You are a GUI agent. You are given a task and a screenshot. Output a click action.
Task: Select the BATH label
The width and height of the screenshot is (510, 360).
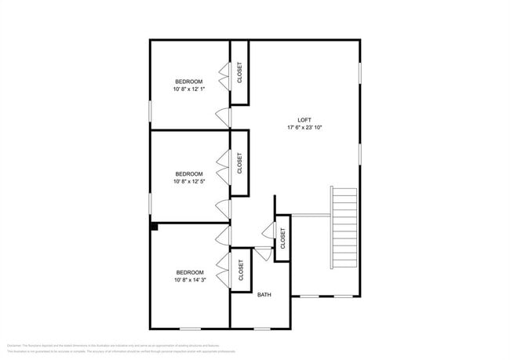click(x=264, y=295)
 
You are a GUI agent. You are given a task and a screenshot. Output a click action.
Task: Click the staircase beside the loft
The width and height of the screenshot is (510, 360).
click(x=344, y=227)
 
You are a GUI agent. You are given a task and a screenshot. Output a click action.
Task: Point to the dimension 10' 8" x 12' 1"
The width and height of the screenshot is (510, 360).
click(x=189, y=89)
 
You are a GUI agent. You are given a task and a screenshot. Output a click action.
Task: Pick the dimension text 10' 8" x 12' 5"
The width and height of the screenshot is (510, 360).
click(x=189, y=181)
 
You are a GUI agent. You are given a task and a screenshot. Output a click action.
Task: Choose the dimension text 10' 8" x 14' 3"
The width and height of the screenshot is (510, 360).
click(x=189, y=279)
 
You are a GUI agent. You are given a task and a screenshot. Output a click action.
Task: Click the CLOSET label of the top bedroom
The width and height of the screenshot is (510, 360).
click(x=239, y=72)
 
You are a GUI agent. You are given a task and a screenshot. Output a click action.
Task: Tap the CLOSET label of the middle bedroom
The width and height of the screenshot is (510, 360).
click(x=239, y=163)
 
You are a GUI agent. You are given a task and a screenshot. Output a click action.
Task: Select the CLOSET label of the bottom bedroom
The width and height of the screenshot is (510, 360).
click(x=241, y=270)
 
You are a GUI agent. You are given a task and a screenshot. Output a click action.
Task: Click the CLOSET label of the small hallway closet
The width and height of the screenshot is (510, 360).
click(x=281, y=238)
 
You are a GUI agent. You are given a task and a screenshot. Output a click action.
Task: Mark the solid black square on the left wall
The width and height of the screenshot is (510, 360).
click(x=155, y=227)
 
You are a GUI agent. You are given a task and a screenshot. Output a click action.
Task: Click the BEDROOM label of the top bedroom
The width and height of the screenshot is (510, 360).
click(x=189, y=82)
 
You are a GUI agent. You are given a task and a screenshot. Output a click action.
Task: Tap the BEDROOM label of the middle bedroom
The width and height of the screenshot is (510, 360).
click(x=189, y=173)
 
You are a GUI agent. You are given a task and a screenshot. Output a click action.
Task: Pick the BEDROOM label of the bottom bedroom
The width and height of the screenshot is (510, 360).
click(x=189, y=272)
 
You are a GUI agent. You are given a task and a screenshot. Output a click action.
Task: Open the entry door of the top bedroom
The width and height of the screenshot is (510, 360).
click(x=224, y=117)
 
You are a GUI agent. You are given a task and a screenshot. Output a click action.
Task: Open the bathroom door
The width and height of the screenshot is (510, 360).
click(x=263, y=253)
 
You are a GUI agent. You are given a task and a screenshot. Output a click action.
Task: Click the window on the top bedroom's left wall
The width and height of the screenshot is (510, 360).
click(x=150, y=110)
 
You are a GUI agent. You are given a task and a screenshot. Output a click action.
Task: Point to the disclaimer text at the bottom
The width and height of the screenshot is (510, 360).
click(x=114, y=348)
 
